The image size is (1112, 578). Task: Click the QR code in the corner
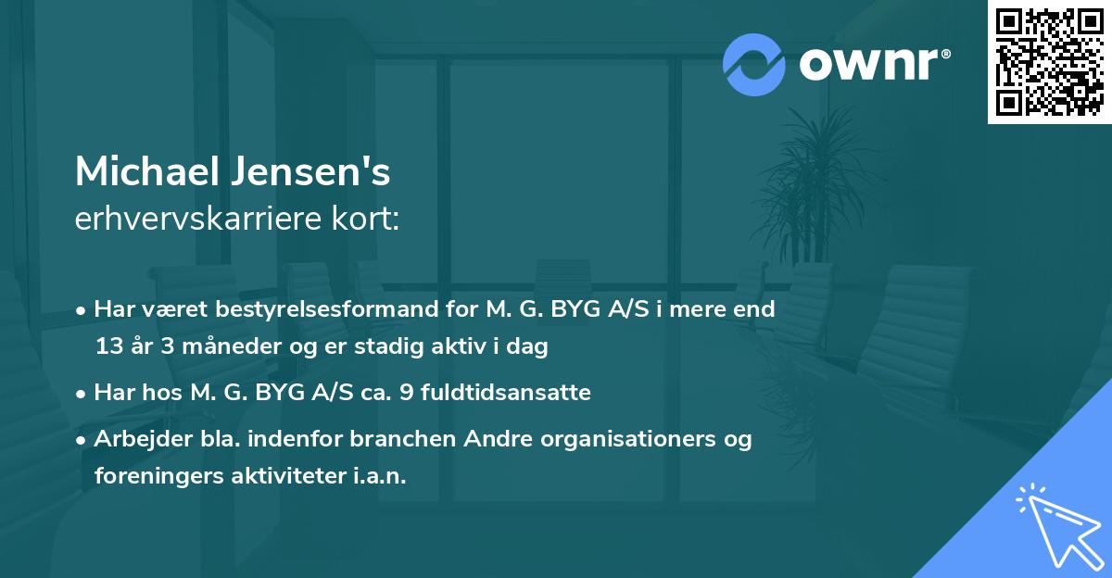1050,61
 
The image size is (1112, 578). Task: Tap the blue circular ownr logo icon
754,65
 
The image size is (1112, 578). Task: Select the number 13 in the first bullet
108,347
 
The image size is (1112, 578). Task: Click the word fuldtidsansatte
506,393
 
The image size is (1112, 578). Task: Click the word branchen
360,439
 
